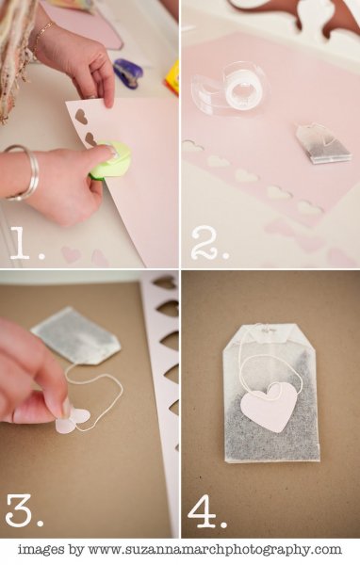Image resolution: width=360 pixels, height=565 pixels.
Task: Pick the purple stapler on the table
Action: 128,73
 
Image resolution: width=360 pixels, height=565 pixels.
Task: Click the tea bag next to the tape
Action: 323,143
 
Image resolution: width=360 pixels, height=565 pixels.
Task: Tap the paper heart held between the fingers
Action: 73,420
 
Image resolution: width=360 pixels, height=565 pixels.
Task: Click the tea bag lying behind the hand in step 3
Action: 76,336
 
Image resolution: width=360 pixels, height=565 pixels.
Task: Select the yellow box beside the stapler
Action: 173,78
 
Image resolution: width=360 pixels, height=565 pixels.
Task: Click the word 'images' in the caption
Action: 41,549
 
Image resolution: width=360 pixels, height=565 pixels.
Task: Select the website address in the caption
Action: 215,550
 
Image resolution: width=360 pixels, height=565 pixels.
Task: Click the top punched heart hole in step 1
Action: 81,117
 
